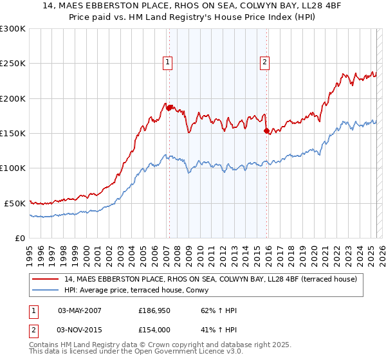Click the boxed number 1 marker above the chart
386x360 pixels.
point(167,62)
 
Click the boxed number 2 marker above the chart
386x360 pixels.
point(264,62)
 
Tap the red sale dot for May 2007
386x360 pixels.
point(169,108)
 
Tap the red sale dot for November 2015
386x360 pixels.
point(266,130)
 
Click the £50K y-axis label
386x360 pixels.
point(15,203)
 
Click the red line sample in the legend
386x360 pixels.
point(46,278)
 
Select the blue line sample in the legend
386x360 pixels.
point(46,290)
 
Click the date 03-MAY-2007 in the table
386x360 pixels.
point(80,310)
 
